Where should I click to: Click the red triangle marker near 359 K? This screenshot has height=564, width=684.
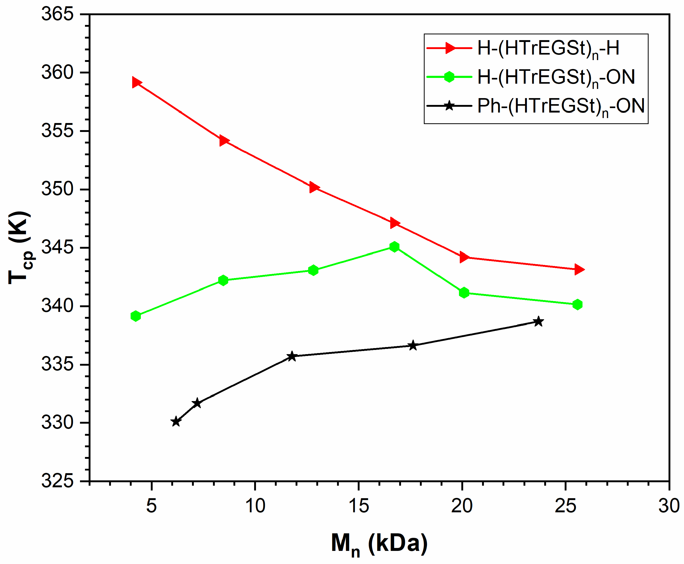(136, 83)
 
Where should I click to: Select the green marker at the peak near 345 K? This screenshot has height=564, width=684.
(394, 247)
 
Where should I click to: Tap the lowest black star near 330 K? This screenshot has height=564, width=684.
(176, 422)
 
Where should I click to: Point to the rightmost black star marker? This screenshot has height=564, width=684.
(538, 322)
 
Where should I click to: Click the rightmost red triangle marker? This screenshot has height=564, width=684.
(578, 269)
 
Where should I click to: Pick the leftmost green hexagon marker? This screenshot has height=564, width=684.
(135, 316)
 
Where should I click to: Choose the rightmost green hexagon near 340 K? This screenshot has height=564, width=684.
(577, 304)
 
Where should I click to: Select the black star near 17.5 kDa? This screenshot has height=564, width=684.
(413, 345)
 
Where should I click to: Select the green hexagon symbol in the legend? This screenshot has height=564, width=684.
(449, 77)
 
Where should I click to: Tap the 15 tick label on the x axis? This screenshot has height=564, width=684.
(359, 506)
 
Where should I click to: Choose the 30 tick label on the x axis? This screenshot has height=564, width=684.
(669, 506)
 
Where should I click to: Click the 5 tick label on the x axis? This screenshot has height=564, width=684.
(151, 506)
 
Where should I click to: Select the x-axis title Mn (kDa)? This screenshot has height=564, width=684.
(379, 544)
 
